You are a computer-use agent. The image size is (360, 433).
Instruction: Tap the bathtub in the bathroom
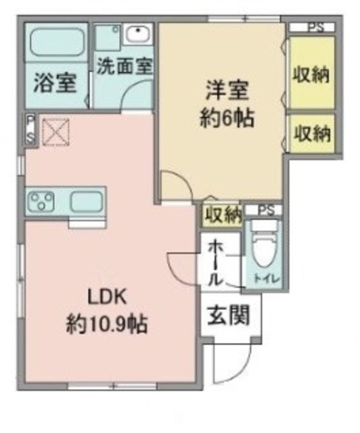57,43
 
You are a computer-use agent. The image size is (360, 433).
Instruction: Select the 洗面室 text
125,66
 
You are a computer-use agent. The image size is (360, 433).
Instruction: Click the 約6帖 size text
227,119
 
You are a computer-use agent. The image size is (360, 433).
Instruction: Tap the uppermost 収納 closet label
311,74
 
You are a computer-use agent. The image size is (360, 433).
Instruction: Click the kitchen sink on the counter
86,201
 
